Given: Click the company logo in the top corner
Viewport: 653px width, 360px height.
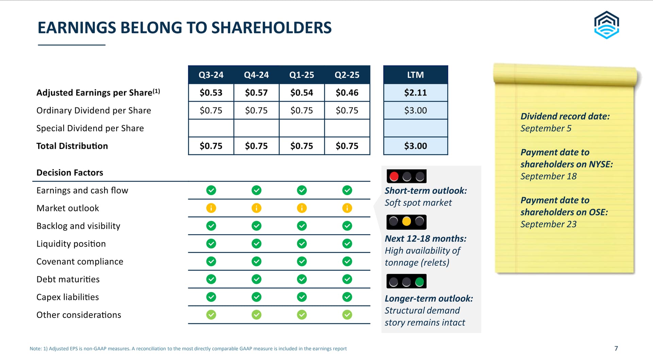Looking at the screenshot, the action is (606, 25).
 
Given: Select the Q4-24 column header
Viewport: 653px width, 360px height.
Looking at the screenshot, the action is (256, 75).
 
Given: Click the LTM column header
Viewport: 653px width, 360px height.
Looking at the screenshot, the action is (416, 75).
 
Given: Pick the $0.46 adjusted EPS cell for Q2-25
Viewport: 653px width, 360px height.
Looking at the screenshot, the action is (347, 92).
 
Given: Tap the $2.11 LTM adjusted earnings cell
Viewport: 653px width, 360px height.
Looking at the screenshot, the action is (416, 92).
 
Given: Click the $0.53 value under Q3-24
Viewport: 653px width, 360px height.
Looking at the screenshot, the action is (211, 92).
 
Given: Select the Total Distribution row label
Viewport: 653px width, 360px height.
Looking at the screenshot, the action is (72, 146).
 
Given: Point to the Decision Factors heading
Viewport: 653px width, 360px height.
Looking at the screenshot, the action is (70, 172).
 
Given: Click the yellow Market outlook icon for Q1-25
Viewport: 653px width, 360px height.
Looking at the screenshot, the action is (302, 208).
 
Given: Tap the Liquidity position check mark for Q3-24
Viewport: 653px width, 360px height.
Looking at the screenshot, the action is (211, 244).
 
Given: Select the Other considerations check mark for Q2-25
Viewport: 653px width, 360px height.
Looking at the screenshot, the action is (347, 315).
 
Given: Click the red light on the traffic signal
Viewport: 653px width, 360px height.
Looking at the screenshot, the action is (394, 176).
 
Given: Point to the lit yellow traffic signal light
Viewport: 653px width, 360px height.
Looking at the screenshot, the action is (406, 222).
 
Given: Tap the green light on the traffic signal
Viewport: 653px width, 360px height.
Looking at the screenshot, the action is (420, 281).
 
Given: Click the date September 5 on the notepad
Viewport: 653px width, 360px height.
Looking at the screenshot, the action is (546, 128).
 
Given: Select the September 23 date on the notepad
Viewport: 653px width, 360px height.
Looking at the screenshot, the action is (549, 224).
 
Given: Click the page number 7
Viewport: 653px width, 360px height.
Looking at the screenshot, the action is (616, 348).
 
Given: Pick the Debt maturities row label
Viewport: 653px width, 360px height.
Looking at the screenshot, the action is (68, 279).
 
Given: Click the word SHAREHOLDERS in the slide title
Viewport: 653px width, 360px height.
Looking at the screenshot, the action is (271, 28).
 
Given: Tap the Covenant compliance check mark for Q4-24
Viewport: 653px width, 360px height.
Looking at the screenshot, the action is (256, 261).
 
